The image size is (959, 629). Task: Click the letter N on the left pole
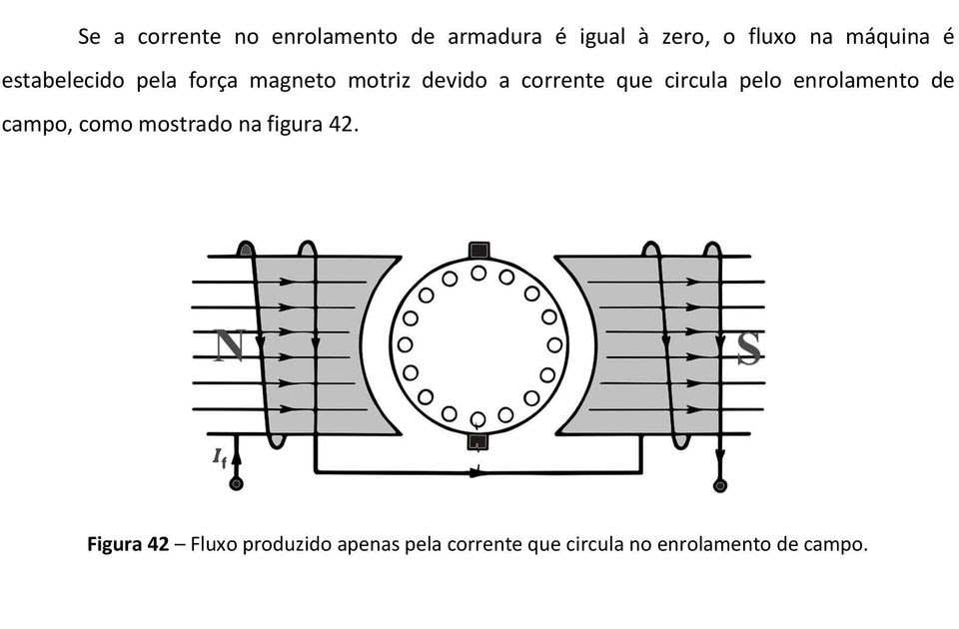(x=229, y=345)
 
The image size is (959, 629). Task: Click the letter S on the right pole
(x=748, y=348)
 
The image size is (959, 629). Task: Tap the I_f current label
(x=219, y=457)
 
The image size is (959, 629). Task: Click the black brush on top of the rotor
(x=479, y=250)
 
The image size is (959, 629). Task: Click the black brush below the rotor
(x=479, y=441)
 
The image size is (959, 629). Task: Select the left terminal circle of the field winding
(x=237, y=484)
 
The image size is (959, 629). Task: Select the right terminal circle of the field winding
(x=719, y=485)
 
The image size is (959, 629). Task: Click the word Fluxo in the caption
(x=214, y=545)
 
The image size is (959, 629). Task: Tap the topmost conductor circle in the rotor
(x=479, y=273)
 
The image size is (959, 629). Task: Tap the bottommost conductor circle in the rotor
(x=479, y=418)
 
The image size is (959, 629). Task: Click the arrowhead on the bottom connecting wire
(x=478, y=471)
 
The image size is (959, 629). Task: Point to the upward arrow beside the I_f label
(x=237, y=459)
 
